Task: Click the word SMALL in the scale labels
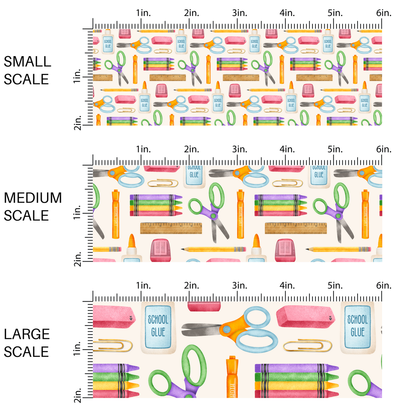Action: (27, 62)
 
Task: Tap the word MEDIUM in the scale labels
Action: (33, 198)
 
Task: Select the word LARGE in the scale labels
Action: (27, 334)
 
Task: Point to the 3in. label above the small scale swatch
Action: (240, 13)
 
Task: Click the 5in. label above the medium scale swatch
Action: (336, 150)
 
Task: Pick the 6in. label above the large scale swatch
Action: (384, 286)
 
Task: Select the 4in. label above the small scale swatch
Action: (288, 13)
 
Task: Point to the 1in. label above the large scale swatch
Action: (143, 286)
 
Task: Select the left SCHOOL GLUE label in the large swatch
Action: (158, 325)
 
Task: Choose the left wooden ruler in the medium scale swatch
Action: (171, 228)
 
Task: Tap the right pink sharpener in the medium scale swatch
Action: (285, 250)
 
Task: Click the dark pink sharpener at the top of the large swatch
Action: (204, 306)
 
